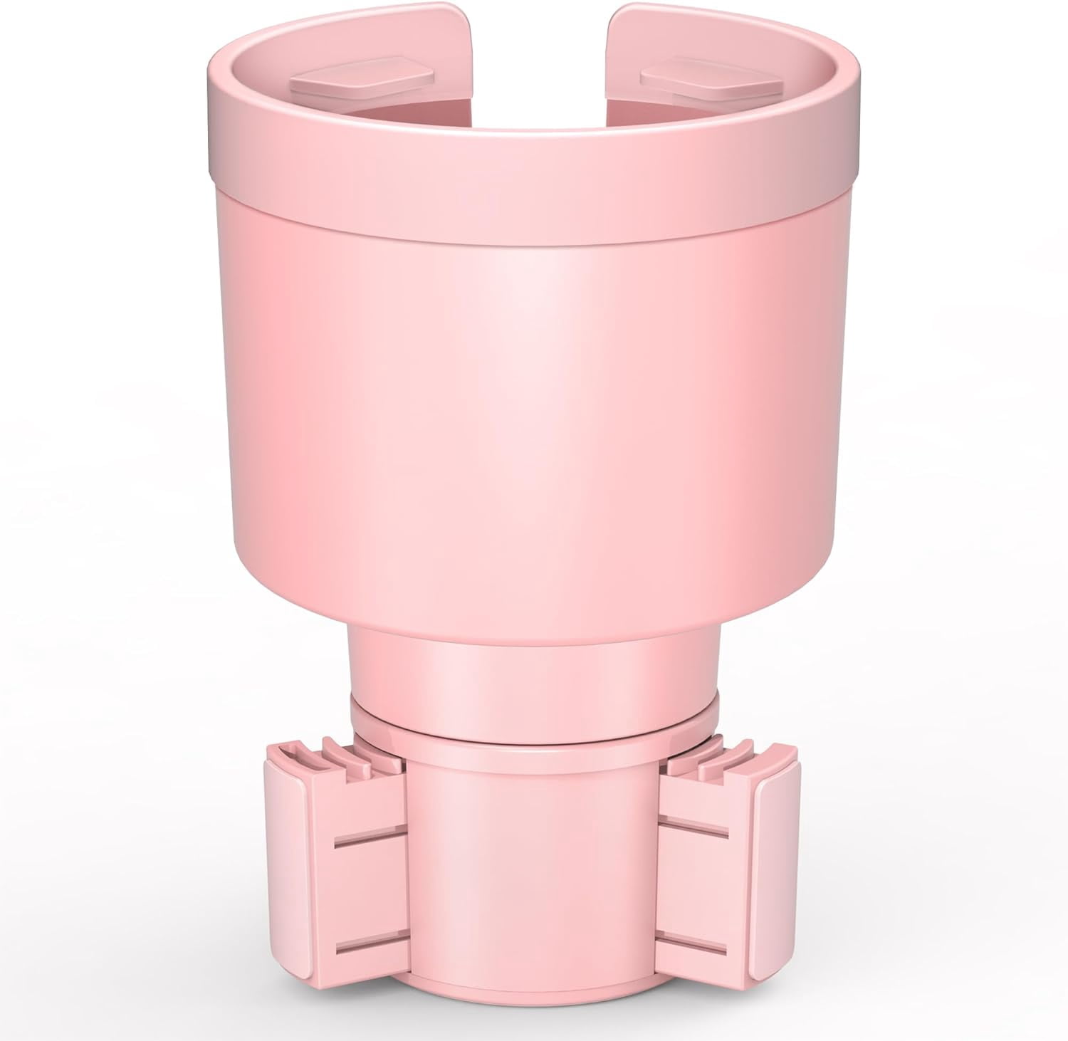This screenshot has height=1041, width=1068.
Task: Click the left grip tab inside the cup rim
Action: (x=362, y=83)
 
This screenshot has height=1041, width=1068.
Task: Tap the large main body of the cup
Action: (x=534, y=427)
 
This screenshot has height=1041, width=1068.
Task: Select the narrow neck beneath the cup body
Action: (x=534, y=659)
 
